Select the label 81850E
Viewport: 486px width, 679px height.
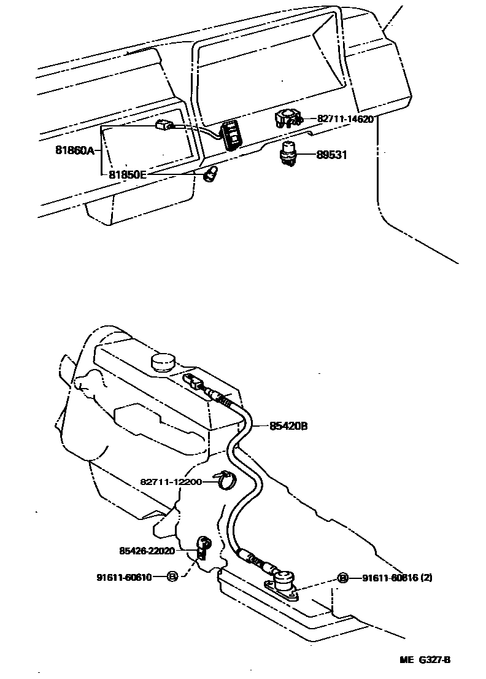click(x=128, y=174)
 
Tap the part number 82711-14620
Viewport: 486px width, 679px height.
click(x=345, y=119)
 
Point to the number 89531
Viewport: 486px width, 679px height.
click(x=331, y=155)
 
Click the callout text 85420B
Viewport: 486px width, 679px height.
click(x=288, y=425)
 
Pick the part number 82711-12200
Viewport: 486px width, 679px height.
click(x=171, y=482)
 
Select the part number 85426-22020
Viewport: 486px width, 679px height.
click(x=147, y=551)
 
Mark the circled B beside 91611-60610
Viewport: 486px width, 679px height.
click(x=172, y=577)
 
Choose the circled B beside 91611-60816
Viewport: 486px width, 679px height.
click(x=342, y=578)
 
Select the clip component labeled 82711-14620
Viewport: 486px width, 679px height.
click(x=287, y=118)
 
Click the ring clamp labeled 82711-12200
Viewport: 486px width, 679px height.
click(x=225, y=480)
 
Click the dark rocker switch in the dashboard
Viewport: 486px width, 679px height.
click(x=234, y=133)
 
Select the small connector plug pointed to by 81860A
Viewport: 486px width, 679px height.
click(x=163, y=126)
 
